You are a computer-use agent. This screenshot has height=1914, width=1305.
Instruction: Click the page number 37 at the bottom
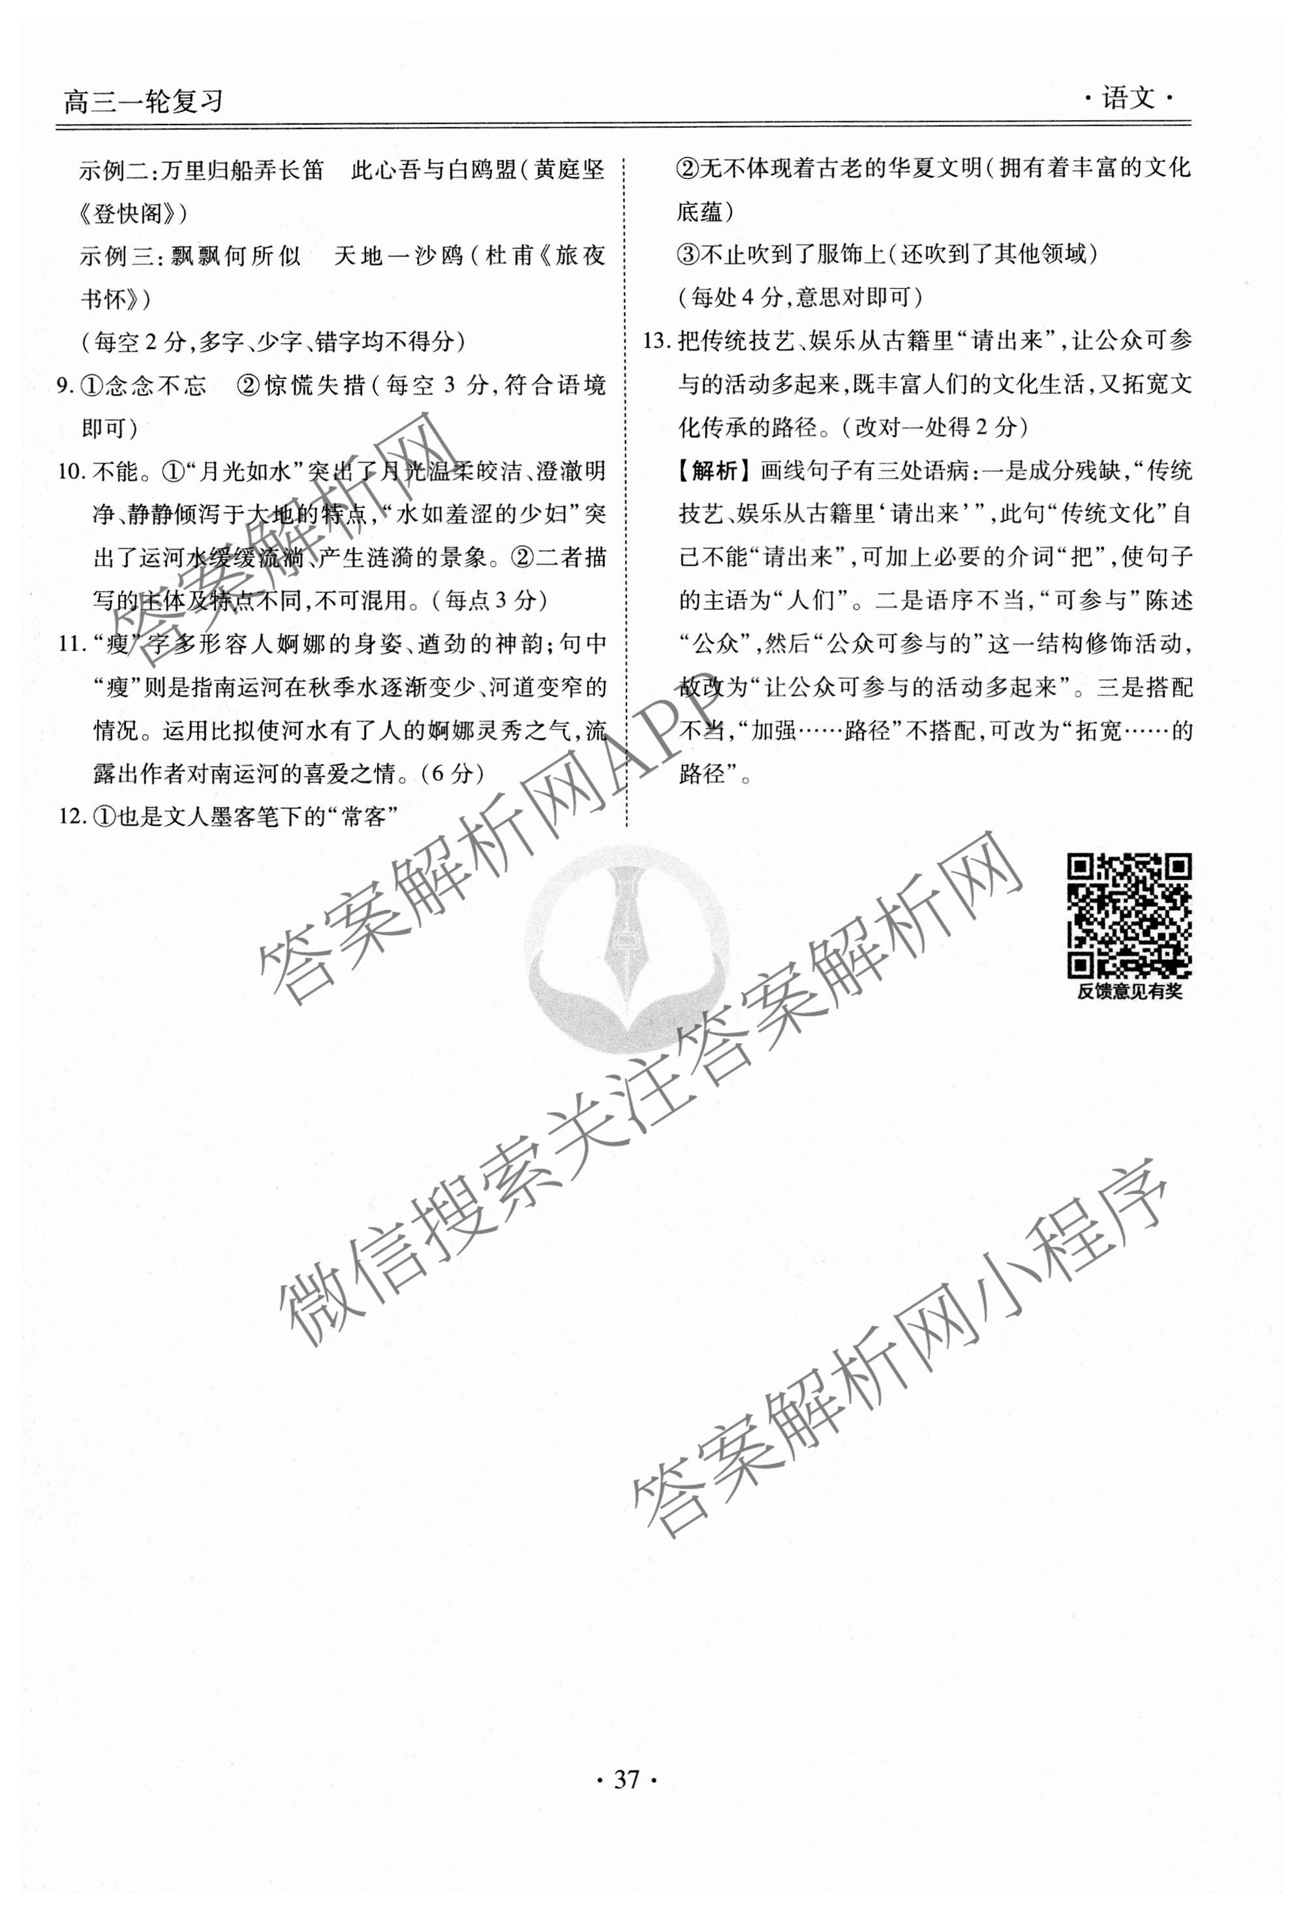tap(626, 1780)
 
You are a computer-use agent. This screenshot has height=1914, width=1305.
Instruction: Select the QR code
tap(1129, 916)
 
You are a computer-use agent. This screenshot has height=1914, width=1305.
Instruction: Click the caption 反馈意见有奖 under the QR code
tap(1129, 992)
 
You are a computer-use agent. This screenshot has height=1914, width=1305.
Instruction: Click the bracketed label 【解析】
tap(713, 472)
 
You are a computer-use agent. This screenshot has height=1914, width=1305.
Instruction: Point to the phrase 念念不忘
tap(157, 386)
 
